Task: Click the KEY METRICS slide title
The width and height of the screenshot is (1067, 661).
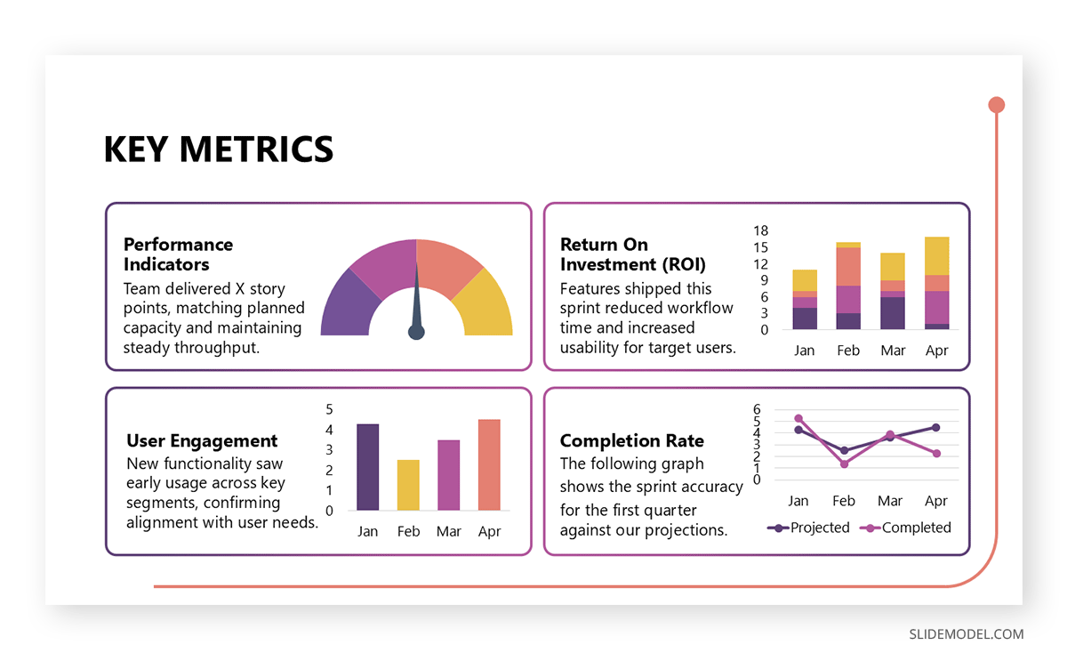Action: pyautogui.click(x=218, y=149)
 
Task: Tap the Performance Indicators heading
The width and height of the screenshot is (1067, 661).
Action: pyautogui.click(x=178, y=254)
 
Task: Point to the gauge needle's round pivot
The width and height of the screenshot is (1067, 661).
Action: pyautogui.click(x=416, y=332)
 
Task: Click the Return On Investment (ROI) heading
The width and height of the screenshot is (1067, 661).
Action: pyautogui.click(x=632, y=254)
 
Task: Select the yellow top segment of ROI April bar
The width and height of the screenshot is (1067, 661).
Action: pyautogui.click(x=936, y=255)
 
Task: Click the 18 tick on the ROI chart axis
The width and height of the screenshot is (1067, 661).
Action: pyautogui.click(x=760, y=230)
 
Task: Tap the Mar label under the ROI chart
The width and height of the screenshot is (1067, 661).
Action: pyautogui.click(x=893, y=351)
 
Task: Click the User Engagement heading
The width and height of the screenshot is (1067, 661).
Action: pyautogui.click(x=202, y=441)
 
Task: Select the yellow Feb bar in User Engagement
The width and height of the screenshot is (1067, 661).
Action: pyautogui.click(x=408, y=485)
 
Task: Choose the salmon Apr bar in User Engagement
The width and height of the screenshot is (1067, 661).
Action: pyautogui.click(x=489, y=464)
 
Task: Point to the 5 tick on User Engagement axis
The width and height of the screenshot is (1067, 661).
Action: pyautogui.click(x=329, y=409)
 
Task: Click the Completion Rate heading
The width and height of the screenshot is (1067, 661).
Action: pyautogui.click(x=631, y=441)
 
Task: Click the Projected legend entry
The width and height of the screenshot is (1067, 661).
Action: pyautogui.click(x=808, y=528)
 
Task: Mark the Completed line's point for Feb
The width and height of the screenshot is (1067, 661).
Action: pyautogui.click(x=844, y=464)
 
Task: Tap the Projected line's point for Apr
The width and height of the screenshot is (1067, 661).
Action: pyautogui.click(x=935, y=427)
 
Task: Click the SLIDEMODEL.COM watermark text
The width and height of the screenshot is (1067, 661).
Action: pyautogui.click(x=966, y=634)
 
